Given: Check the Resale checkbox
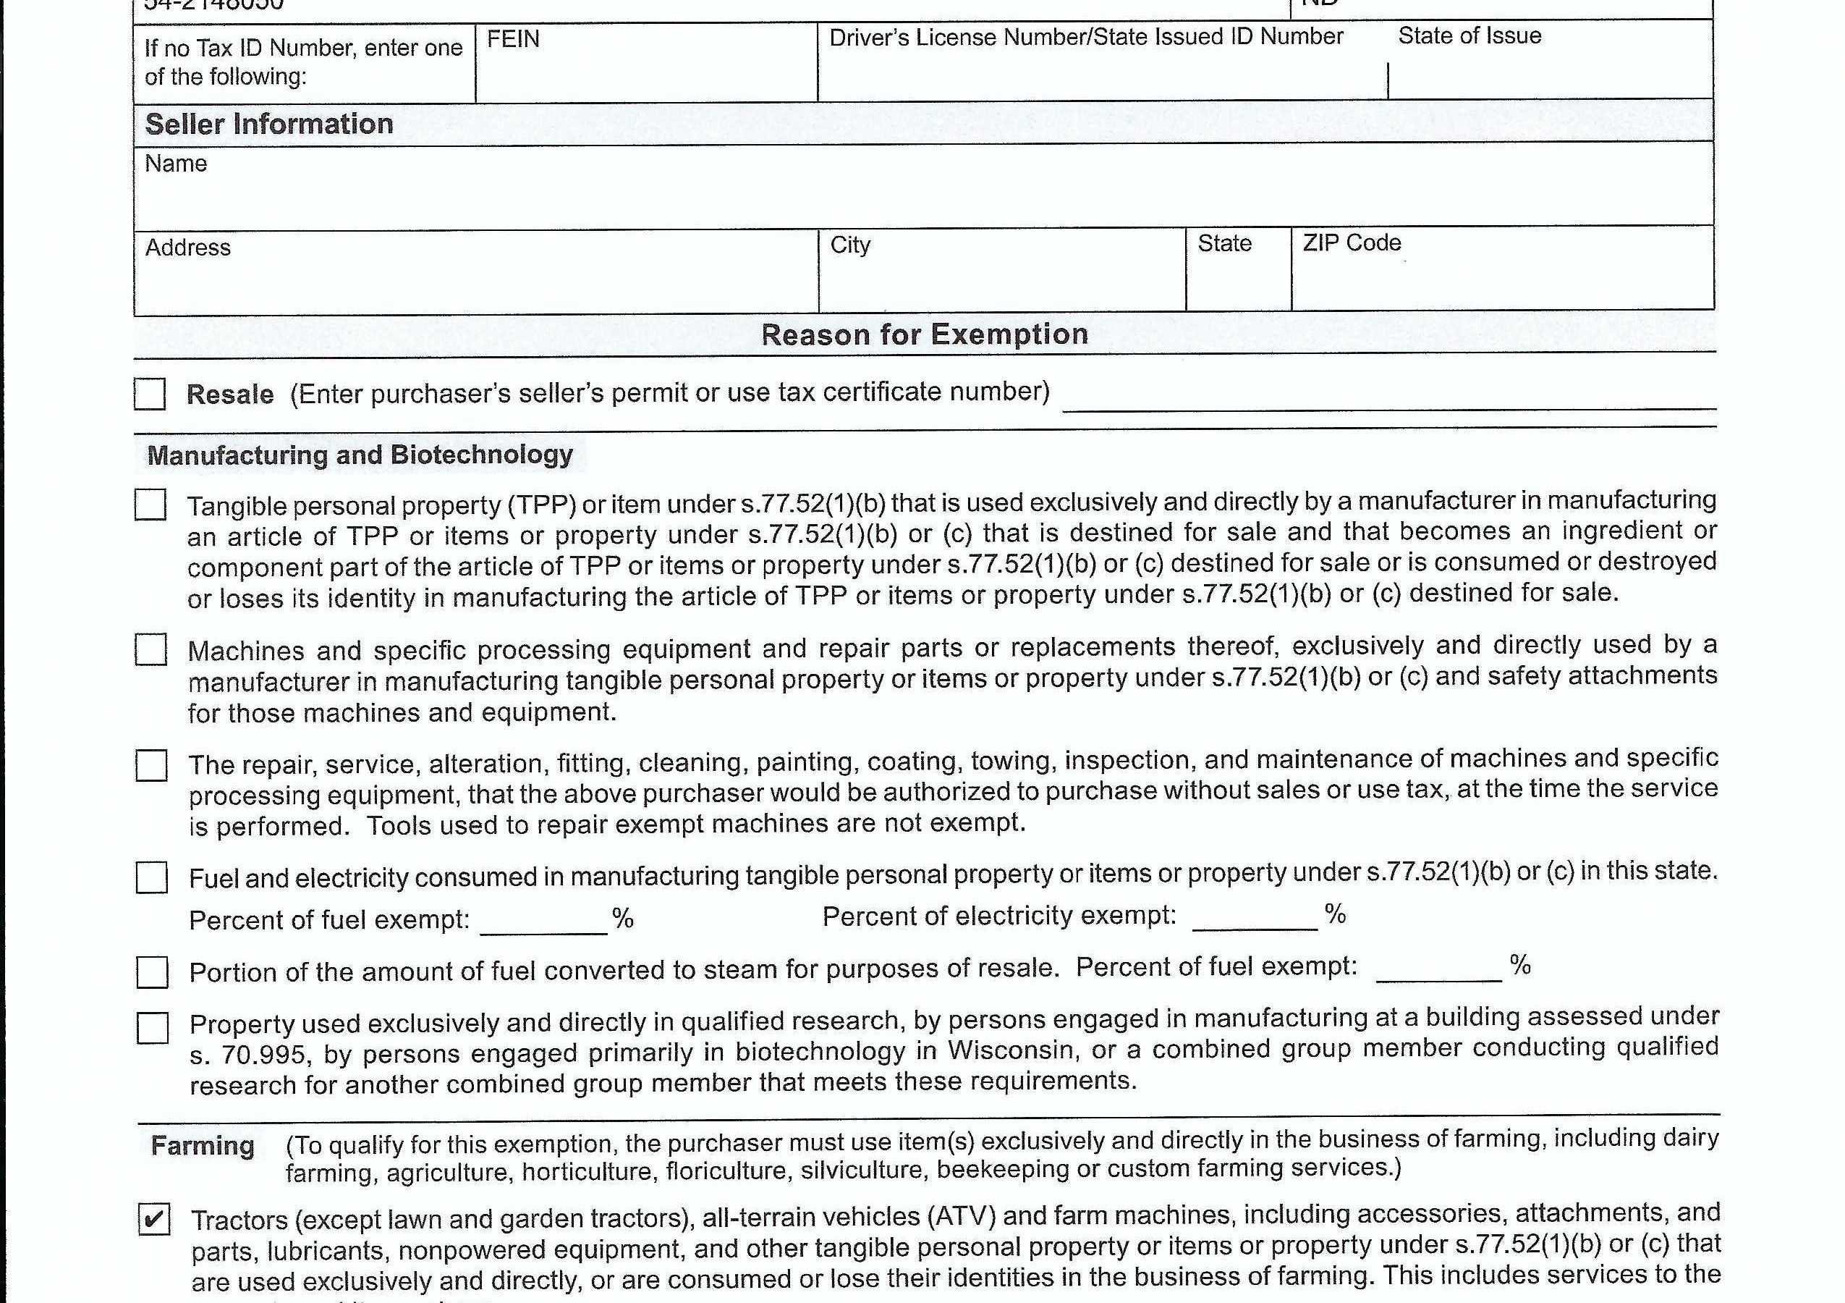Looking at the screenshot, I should [150, 394].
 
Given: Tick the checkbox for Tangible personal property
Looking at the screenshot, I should [150, 505].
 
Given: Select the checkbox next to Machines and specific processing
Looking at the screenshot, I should [151, 649].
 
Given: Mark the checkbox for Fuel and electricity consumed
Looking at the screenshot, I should [152, 877].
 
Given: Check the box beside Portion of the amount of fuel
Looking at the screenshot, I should [152, 972].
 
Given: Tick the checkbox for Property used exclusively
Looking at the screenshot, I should [153, 1027].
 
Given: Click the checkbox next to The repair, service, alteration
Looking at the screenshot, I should [151, 765].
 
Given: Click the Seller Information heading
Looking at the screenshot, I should [269, 124].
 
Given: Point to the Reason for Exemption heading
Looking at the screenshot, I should [924, 334].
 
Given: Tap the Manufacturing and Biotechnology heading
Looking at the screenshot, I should [360, 455].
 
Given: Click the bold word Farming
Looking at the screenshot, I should [203, 1145].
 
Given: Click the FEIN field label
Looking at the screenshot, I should [513, 38].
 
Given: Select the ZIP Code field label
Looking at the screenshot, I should [1352, 243].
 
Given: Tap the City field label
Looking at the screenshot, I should [850, 245].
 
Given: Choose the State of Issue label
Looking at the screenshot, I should [1469, 35].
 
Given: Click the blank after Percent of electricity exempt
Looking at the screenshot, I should [1255, 918].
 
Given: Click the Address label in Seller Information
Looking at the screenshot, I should [188, 248].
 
